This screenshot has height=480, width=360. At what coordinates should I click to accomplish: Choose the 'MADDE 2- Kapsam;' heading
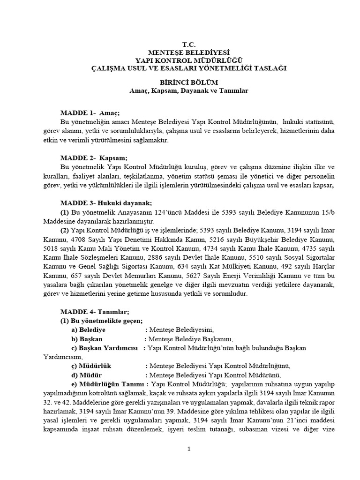click(94, 158)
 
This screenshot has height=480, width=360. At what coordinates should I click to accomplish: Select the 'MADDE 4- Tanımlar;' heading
click(94, 312)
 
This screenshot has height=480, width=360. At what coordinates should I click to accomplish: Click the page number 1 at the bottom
click(188, 449)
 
